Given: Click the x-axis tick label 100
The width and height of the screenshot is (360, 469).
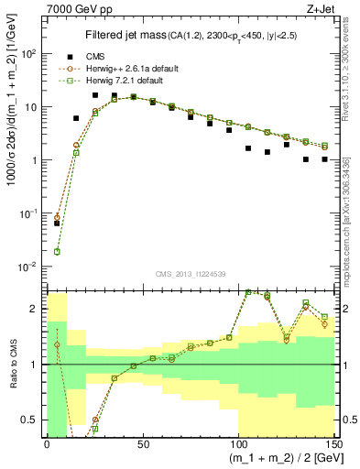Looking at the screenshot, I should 238,444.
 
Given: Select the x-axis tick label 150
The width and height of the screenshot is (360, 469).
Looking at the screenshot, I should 333,444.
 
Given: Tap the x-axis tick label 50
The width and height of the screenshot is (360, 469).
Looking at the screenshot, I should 142,444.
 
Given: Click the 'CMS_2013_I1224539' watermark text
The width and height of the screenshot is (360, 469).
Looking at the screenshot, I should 191,274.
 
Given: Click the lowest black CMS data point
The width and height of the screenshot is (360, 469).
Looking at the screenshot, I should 57,223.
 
